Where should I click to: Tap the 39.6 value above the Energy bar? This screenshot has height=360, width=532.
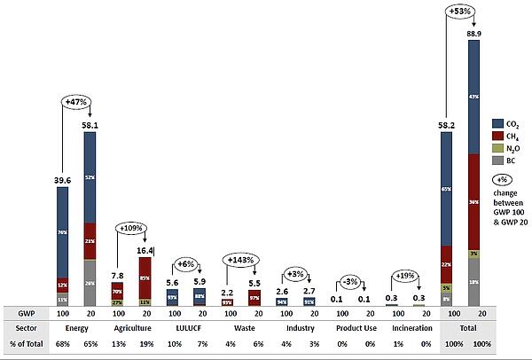pyautogui.click(x=60, y=182)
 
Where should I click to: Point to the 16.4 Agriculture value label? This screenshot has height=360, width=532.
pyautogui.click(x=143, y=252)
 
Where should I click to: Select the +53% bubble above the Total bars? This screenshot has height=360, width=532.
pyautogui.click(x=460, y=12)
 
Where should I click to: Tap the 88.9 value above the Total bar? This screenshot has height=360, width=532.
pyautogui.click(x=475, y=32)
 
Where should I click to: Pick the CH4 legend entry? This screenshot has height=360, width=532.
pyautogui.click(x=511, y=137)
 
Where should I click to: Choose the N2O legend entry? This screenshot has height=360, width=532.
pyautogui.click(x=511, y=149)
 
